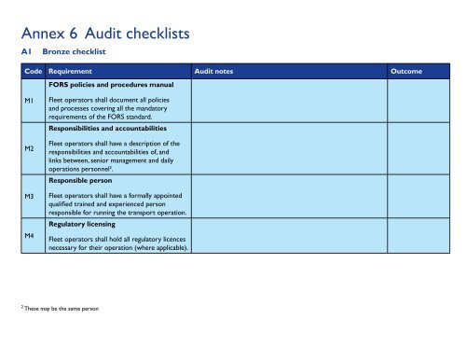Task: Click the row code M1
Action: coord(30,100)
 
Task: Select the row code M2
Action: coord(30,148)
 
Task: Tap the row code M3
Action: coord(30,196)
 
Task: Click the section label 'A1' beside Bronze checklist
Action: coord(26,53)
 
